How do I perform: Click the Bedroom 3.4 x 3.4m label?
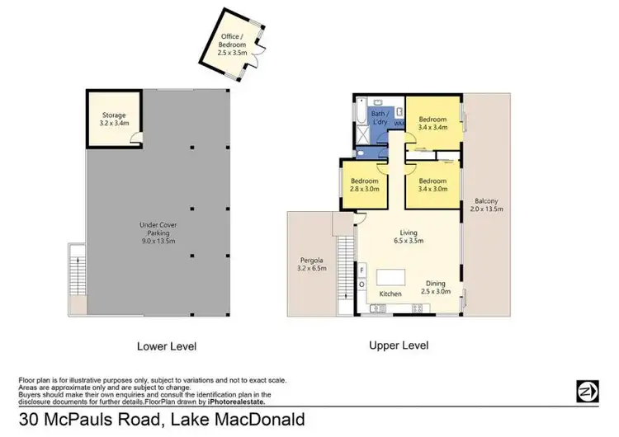(432, 123)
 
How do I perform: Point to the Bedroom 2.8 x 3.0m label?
(365, 185)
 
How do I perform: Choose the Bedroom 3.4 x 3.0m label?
(432, 185)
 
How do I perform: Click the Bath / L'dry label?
(380, 118)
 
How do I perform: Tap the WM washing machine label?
(399, 124)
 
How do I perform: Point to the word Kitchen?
(390, 294)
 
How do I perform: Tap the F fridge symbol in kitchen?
(361, 270)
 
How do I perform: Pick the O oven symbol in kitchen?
(361, 284)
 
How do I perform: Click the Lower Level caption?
(168, 346)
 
